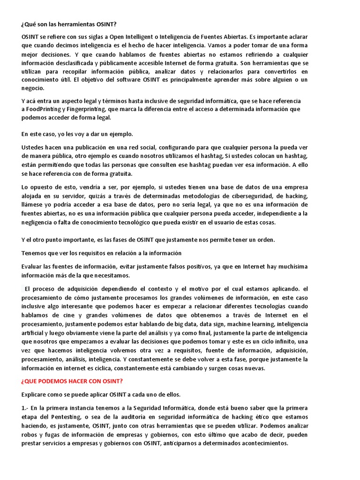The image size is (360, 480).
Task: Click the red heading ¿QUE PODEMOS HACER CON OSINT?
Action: (x=72, y=381)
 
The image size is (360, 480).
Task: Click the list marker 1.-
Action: (x=26, y=407)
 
